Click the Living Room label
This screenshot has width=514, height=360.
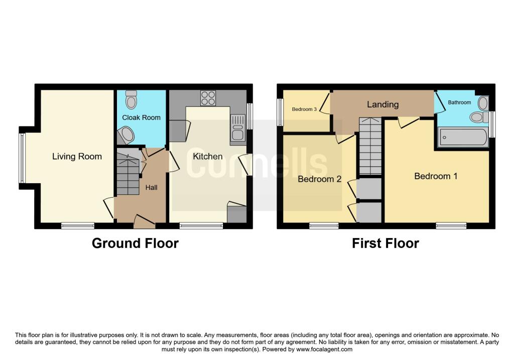[x=77, y=157]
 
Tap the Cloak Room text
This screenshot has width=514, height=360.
[x=141, y=117]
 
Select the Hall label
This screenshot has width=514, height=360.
[x=151, y=187]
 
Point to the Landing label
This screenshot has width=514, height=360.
[x=382, y=104]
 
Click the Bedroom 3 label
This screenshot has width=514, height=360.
[x=304, y=109]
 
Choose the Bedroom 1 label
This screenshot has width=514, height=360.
[x=435, y=176]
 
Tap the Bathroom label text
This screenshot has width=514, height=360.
[x=459, y=102]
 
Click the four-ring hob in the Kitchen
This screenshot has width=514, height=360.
[x=208, y=98]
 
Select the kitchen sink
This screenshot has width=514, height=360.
[x=237, y=129]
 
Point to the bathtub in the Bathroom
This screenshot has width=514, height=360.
[x=462, y=137]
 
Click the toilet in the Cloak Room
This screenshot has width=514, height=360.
[x=132, y=100]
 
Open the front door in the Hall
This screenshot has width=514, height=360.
[x=143, y=219]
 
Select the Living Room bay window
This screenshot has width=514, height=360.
[x=22, y=158]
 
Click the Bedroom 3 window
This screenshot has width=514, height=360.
[x=280, y=109]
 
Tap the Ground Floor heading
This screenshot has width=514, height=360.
[x=135, y=244]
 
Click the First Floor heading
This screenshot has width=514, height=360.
[x=385, y=244]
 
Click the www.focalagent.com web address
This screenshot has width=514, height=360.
[x=324, y=349]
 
